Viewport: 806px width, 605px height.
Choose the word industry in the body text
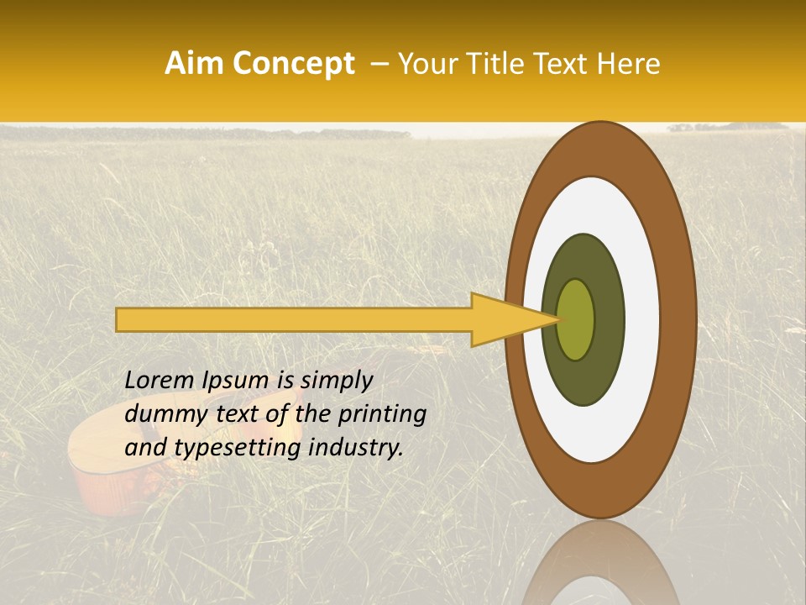pos(356,448)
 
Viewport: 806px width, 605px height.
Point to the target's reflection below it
pos(599,563)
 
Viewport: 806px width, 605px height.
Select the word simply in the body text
pos(337,381)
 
